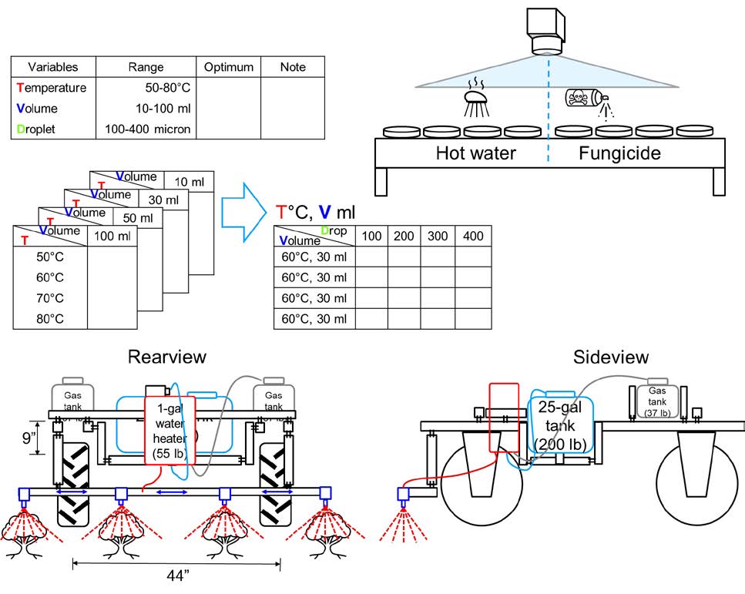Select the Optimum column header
227,67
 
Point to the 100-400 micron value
148,129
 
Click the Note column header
293,67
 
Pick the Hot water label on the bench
475,153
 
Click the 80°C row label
50,318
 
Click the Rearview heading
167,357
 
